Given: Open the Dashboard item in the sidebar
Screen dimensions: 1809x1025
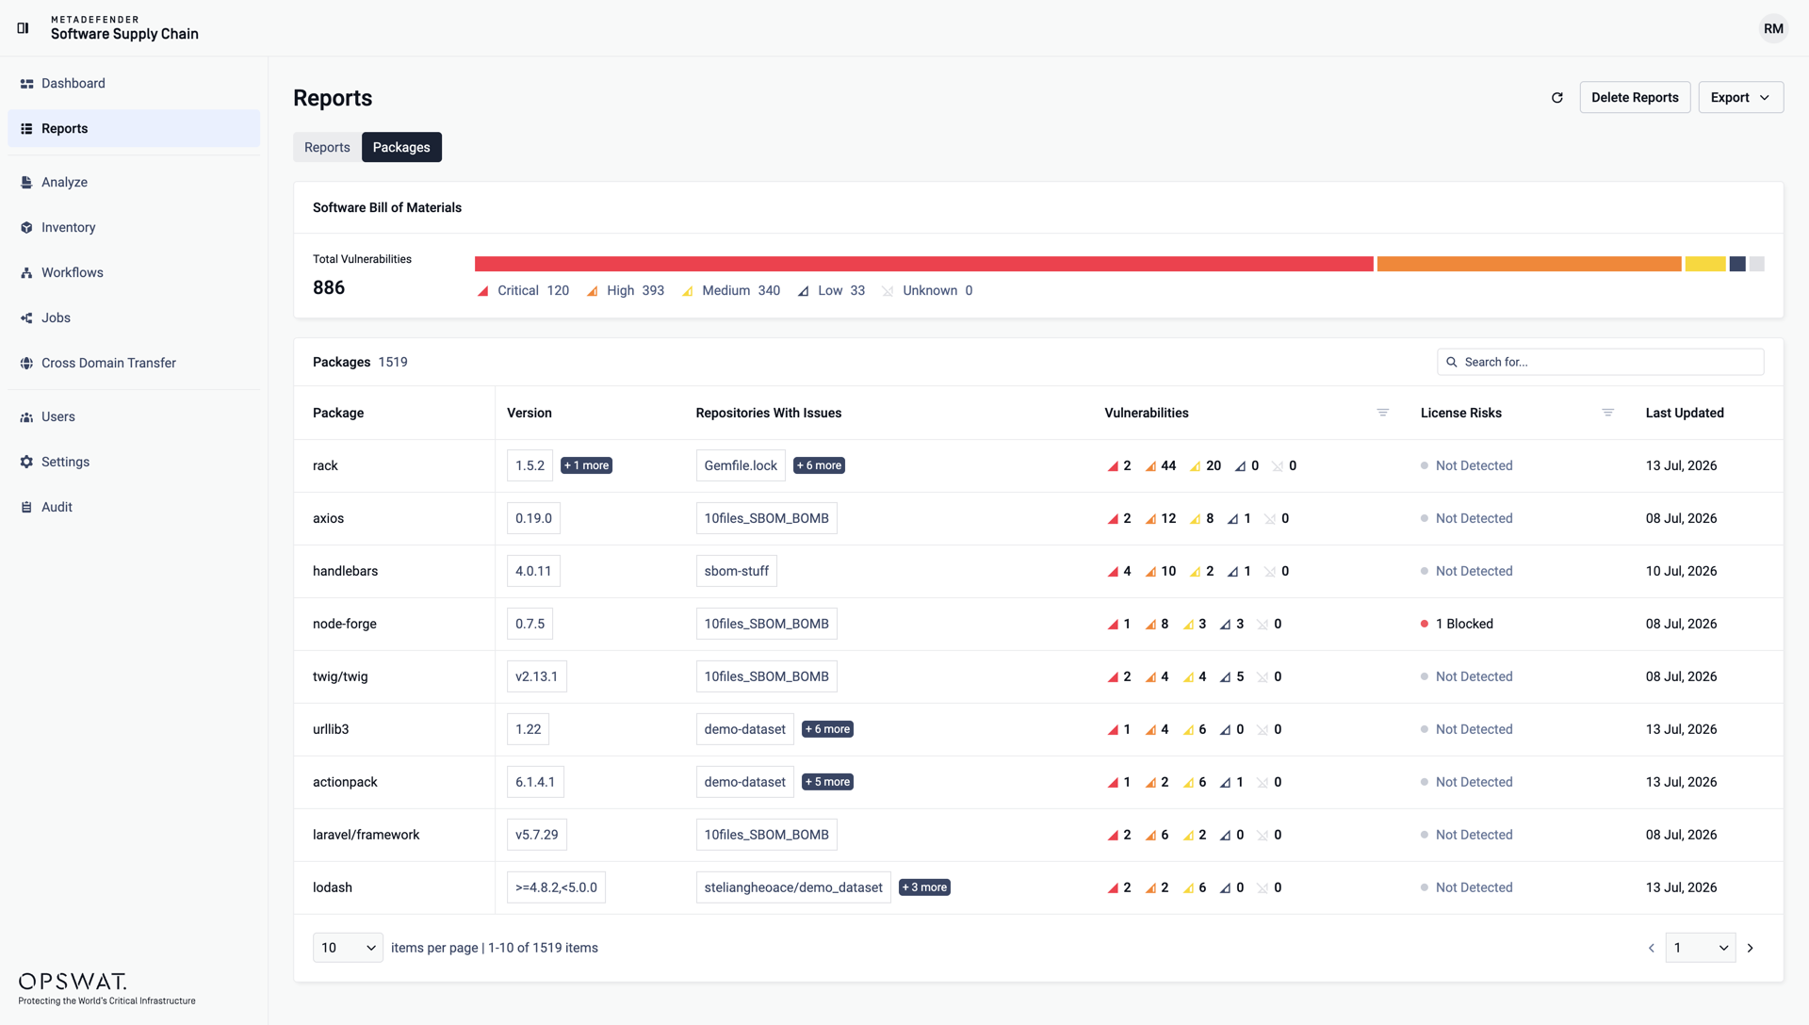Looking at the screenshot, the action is (73, 83).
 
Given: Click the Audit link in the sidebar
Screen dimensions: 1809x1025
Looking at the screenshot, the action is (57, 507).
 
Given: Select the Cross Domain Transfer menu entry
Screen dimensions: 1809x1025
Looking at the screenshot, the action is (108, 363).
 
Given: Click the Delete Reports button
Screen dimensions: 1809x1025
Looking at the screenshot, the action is (1635, 97).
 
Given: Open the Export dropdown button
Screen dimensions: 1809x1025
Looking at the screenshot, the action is (1740, 97).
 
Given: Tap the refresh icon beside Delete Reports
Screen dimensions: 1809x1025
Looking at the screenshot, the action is (1557, 97).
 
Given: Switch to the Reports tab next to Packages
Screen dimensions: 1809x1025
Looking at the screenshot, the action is (327, 147).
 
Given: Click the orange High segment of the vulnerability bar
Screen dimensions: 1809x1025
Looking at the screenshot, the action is (1529, 264).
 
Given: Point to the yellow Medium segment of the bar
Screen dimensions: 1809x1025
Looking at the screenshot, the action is (1705, 264).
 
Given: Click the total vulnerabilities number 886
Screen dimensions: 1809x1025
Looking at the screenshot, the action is (329, 287).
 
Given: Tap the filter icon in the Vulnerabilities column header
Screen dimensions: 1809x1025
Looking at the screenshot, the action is (1383, 413).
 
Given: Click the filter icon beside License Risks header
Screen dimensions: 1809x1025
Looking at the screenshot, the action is (1608, 413).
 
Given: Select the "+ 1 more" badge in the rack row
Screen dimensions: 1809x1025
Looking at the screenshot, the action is (586, 465).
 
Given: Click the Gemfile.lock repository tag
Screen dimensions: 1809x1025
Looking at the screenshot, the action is (741, 465).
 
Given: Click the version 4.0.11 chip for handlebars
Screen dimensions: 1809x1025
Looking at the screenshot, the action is (533, 571).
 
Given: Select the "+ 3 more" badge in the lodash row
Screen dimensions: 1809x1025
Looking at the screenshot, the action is (924, 887).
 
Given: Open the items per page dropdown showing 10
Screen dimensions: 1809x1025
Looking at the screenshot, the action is (348, 948).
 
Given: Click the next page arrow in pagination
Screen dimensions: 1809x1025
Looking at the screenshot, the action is (1751, 948).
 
